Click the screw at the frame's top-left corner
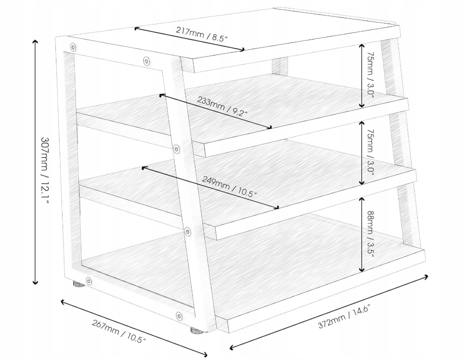click(73, 47)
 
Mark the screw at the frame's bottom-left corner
click(89, 282)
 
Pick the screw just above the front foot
click(179, 316)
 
